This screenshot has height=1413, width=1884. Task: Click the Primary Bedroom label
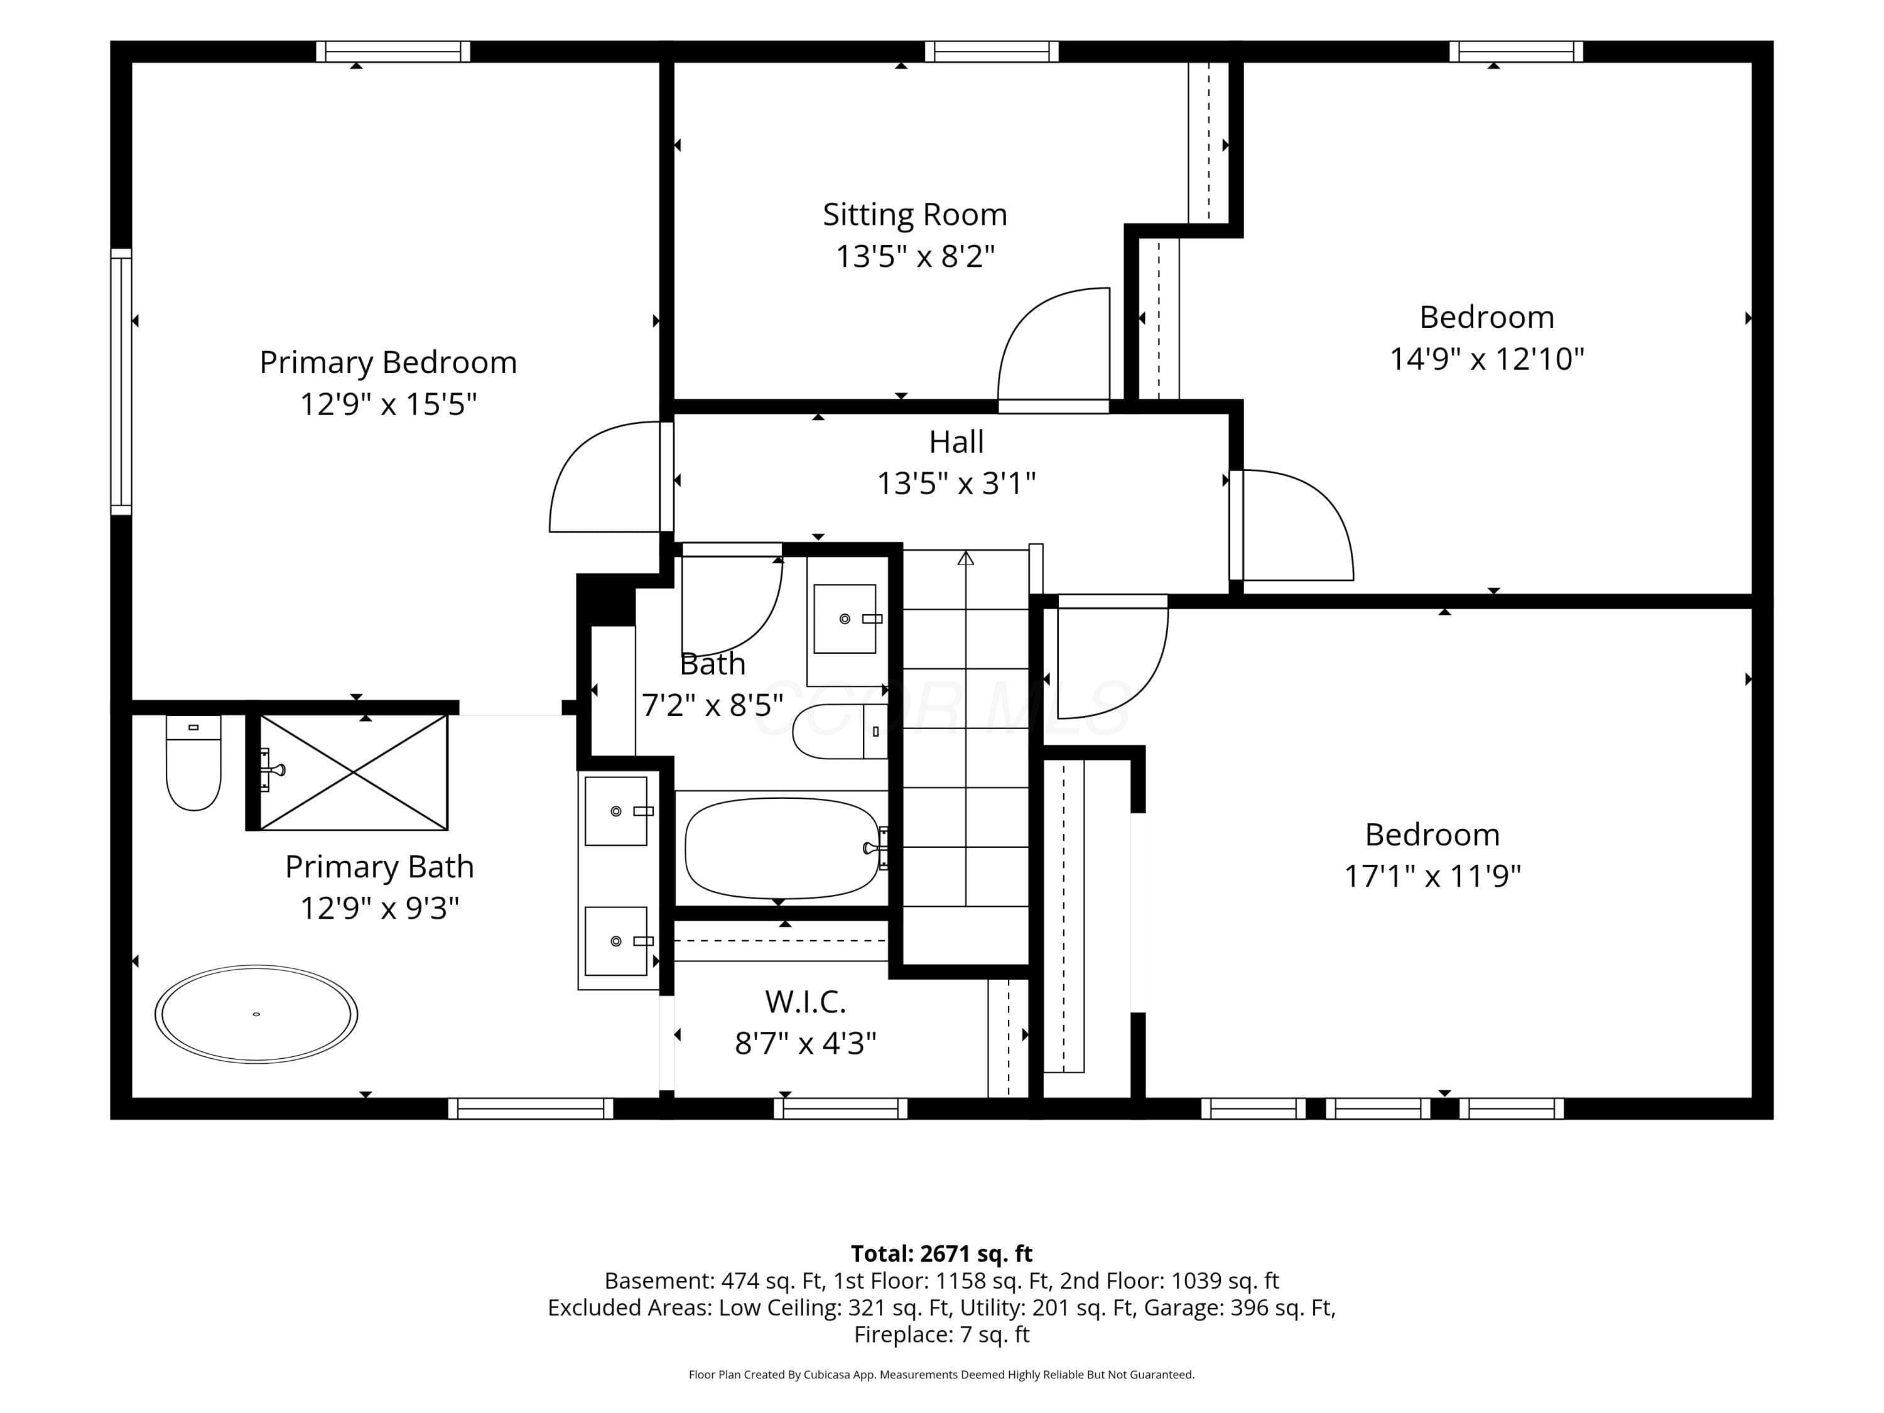[388, 363]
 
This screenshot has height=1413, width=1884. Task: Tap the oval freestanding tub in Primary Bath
[256, 1014]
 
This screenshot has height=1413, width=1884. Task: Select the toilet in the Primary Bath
[193, 762]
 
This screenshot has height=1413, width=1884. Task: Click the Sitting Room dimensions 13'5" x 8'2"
[916, 256]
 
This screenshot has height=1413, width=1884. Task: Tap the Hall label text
[956, 442]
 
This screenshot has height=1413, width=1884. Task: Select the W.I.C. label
[806, 1002]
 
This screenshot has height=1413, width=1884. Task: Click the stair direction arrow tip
[966, 553]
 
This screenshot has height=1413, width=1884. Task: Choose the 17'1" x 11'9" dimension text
[1432, 875]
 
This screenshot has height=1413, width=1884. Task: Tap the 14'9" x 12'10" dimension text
[1487, 359]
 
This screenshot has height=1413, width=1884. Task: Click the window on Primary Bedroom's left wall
[121, 382]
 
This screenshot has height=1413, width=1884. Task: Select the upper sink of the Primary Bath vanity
[616, 811]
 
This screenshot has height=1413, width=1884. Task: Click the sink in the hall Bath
[845, 619]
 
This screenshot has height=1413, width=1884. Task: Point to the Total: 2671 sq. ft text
[941, 1253]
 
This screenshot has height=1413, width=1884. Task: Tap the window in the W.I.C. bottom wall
[841, 1108]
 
